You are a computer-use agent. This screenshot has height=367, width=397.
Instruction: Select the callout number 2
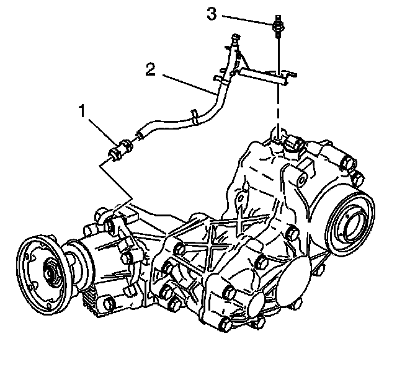(x=149, y=68)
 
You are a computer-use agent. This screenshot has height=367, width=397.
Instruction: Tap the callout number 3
(x=212, y=14)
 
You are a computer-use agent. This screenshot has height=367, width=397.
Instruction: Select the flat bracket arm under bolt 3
(x=264, y=76)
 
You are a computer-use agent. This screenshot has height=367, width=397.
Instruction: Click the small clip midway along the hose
(x=195, y=115)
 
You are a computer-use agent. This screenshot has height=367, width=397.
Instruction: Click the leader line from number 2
(x=186, y=84)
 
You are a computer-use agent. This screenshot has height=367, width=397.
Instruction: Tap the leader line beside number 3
(x=245, y=19)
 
